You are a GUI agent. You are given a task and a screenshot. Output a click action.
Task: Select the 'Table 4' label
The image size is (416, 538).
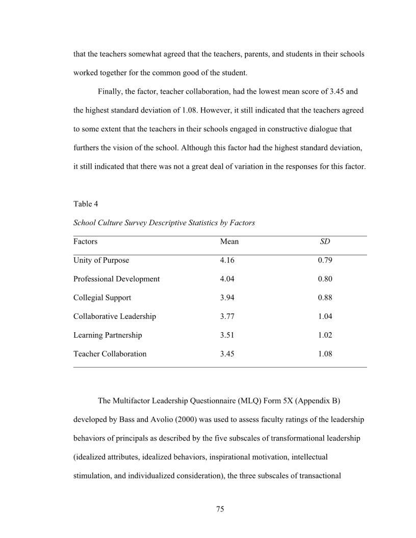[86, 204]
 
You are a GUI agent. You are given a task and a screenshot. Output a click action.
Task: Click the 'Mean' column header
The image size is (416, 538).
[229, 241]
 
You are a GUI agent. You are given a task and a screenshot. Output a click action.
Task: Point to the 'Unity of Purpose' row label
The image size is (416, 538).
[101, 260]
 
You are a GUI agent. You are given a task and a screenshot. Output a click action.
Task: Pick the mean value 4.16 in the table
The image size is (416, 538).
[227, 260]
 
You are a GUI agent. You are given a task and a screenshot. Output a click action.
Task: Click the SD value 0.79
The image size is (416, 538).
[325, 260]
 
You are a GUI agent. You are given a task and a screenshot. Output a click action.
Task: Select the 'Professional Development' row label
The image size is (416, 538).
[116, 279]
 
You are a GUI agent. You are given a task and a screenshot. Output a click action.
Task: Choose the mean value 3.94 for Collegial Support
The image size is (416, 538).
[227, 298]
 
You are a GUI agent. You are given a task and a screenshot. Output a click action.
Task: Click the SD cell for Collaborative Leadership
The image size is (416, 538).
[325, 316]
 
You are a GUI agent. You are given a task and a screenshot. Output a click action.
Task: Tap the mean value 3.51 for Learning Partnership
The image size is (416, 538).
[227, 335]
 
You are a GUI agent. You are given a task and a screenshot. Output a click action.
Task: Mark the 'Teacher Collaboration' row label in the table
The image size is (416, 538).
[110, 354]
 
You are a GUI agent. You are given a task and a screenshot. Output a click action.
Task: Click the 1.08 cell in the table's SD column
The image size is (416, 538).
[325, 354]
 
